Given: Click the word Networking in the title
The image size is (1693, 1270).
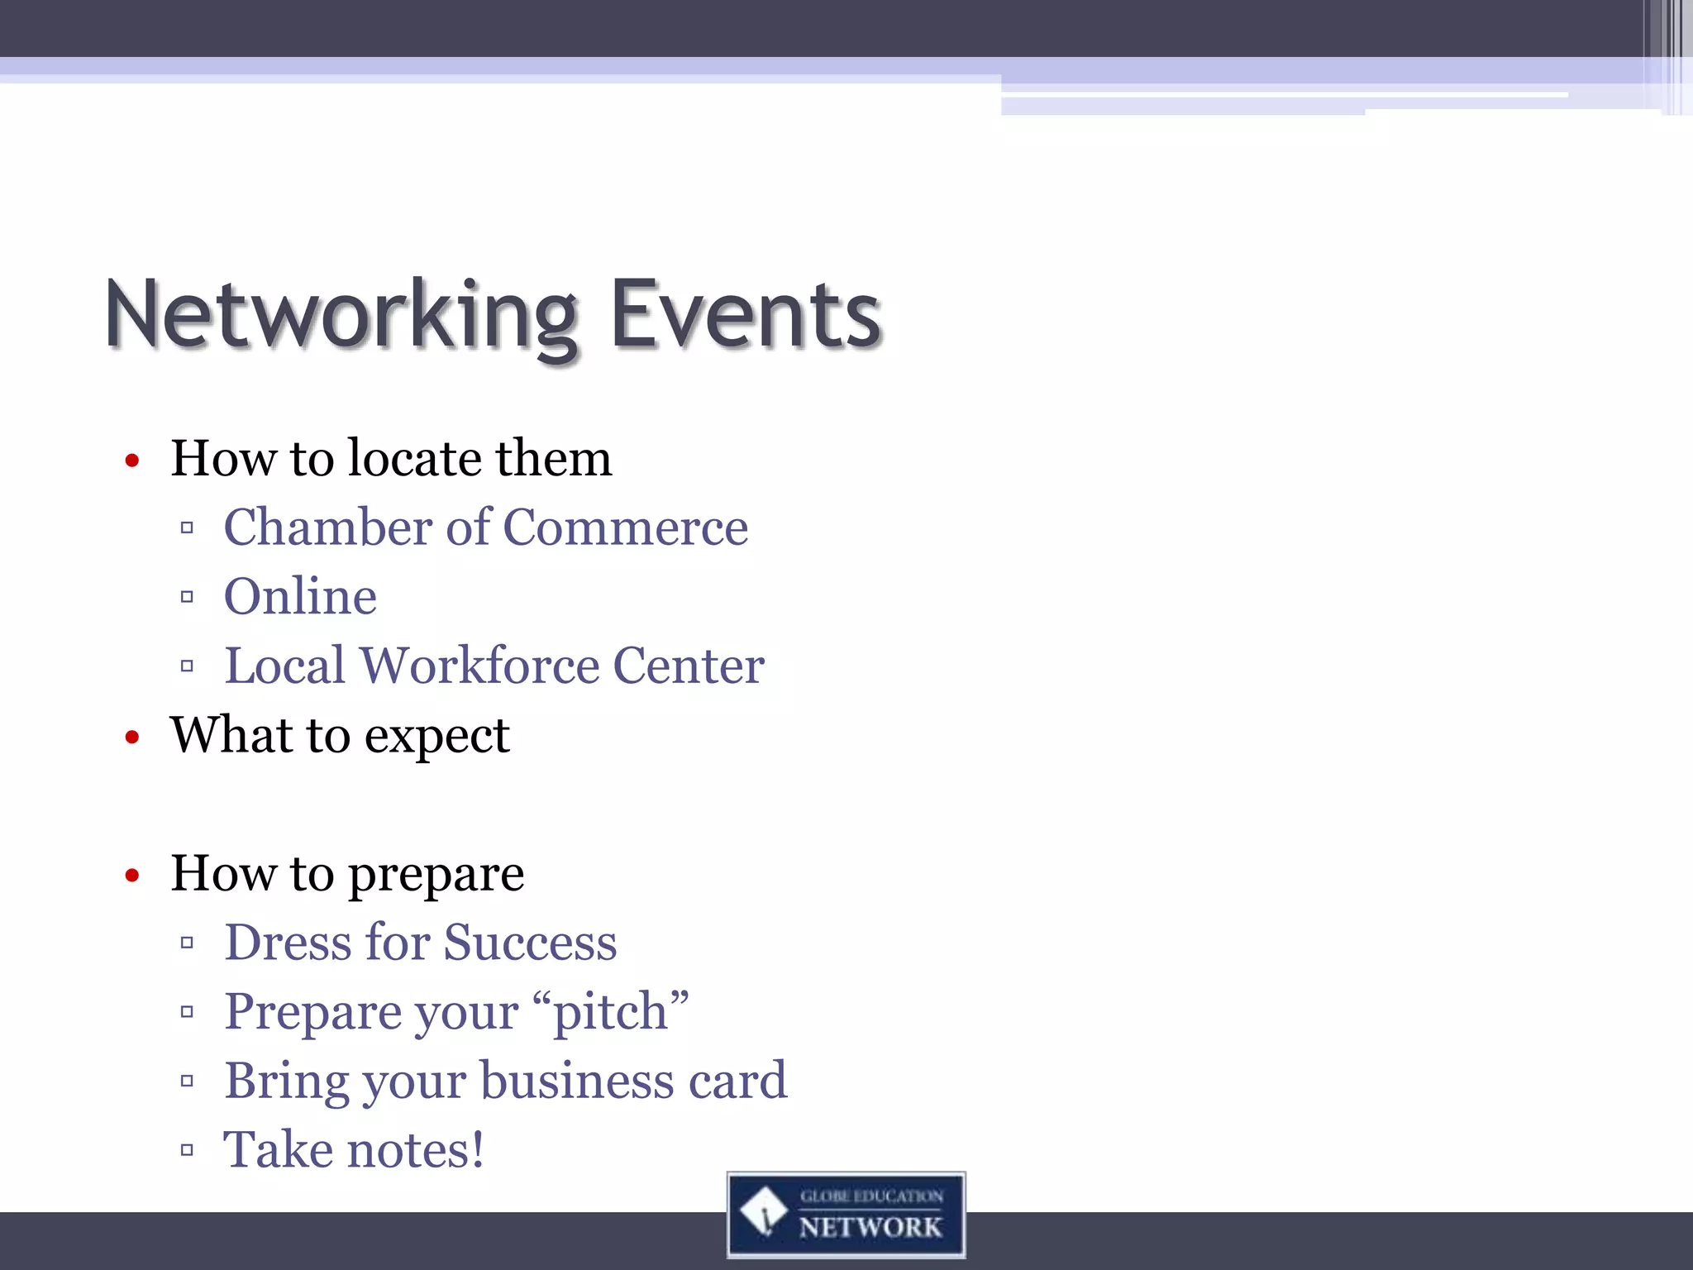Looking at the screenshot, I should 341,317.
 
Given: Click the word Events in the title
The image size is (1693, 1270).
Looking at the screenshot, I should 746,317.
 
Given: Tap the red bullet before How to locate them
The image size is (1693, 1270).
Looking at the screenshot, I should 132,461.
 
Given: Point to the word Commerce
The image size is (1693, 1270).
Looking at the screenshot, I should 625,528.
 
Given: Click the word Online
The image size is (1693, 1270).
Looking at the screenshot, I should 300,596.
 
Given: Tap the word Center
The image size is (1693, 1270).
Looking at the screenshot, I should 689,666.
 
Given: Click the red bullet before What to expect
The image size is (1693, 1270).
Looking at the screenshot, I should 132,737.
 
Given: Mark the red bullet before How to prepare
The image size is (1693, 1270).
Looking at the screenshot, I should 132,876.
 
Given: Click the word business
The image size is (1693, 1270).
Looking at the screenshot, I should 576,1081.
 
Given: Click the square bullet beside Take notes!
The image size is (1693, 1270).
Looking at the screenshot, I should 187,1149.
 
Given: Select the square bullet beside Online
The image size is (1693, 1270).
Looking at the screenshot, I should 187,596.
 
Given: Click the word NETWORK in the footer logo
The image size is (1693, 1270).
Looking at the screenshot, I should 870,1227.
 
